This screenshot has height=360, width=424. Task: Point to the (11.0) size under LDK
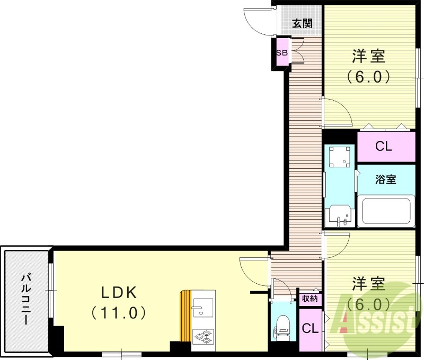point(118,313)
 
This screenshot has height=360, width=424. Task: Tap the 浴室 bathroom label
point(385,179)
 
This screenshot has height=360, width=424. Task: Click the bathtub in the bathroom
point(386,211)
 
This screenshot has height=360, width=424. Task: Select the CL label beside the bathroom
point(383,147)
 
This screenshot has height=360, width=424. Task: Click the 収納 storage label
point(310,299)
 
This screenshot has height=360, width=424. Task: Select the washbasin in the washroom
point(339,214)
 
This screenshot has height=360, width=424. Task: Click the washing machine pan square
point(339,156)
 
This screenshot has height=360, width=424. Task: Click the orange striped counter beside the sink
point(186,317)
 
